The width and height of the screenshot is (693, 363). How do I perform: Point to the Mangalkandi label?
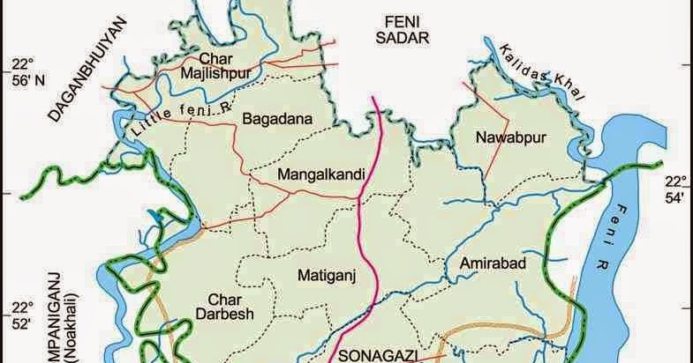coord(320,174)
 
